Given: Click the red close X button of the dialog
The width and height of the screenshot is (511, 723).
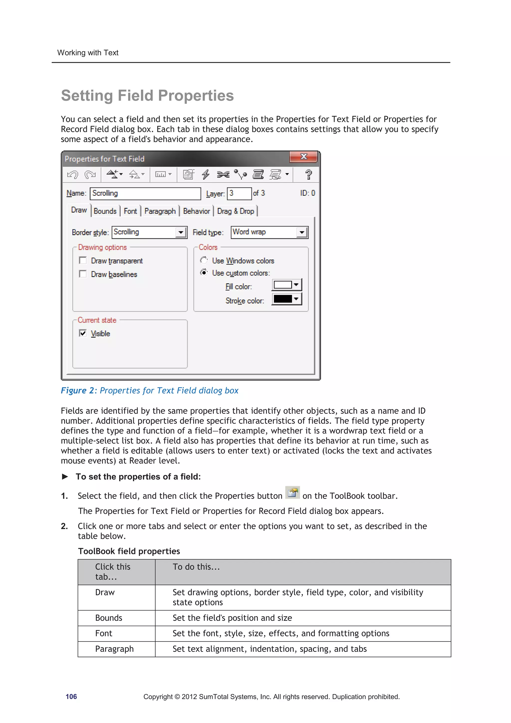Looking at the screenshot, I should tap(303, 156).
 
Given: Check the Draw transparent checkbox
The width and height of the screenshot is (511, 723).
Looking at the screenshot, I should tap(83, 260).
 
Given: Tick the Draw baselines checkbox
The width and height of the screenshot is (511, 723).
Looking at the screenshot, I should tap(83, 274).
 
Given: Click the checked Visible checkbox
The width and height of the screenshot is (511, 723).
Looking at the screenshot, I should tap(83, 333).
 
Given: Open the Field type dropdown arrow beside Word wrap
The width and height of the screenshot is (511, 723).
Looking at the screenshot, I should tap(302, 232).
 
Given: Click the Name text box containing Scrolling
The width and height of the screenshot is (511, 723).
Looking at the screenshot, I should tap(145, 193).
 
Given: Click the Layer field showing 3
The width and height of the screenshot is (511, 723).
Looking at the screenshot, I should tap(239, 193).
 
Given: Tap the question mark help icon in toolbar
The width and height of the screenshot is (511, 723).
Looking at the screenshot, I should tap(309, 174).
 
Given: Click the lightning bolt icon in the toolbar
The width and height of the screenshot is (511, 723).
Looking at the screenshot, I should tap(206, 174).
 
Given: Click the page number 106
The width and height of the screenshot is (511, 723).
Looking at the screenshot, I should tap(71, 697).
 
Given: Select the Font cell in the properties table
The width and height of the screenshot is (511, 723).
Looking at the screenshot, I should tap(104, 633).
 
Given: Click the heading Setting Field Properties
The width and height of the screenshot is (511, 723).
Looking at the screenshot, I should tap(147, 96).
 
